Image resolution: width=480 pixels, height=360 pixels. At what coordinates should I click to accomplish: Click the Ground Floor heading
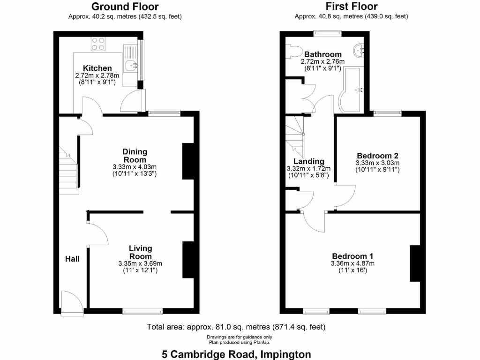tap(125, 7)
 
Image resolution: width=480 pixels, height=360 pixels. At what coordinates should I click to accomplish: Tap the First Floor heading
tap(352, 7)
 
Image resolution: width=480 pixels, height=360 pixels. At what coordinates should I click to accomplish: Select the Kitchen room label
tap(97, 68)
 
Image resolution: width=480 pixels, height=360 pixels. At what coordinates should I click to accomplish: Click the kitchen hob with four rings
tap(98, 44)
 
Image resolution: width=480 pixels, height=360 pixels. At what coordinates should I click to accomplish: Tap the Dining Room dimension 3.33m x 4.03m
tap(135, 167)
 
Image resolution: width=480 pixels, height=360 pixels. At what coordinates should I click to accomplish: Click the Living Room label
tap(141, 252)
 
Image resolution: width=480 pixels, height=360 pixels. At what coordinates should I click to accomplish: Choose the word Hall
tap(72, 259)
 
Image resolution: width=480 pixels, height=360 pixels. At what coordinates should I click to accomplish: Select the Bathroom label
tap(322, 54)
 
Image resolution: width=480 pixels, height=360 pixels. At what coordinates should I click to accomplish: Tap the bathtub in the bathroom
tap(352, 89)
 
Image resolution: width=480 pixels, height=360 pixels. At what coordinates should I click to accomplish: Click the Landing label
tap(309, 162)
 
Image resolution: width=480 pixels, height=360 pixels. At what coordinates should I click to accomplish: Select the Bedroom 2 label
tap(377, 156)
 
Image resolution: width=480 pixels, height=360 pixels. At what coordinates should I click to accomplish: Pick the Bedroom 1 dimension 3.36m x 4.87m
tap(352, 263)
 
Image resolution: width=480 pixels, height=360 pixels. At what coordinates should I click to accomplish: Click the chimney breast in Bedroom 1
tap(415, 263)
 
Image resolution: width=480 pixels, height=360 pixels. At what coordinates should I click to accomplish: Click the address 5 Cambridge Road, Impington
tap(236, 354)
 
